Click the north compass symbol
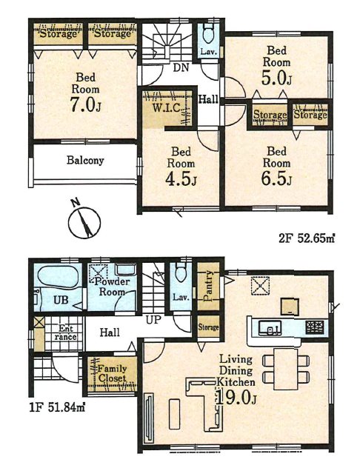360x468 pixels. pos(84,221)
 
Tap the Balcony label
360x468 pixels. pos(85,160)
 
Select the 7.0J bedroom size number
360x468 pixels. pos(85,104)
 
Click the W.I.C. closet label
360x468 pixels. pos(167,107)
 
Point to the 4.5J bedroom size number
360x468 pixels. pos(181,178)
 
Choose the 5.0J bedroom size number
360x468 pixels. pos(276,78)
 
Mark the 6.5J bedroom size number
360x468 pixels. pos(276,178)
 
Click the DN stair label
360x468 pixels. pos(181,67)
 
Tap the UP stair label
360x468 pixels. pos(154,320)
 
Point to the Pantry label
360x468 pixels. pos(207,286)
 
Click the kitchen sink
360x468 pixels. pos(270,327)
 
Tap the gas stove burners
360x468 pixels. pos(315,327)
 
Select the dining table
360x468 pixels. pos(286,369)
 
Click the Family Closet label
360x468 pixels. pos(113,374)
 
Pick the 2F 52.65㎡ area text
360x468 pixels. pos(307,238)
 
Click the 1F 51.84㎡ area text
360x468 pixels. pos(57,407)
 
